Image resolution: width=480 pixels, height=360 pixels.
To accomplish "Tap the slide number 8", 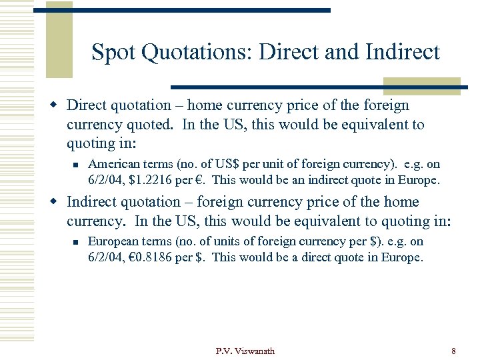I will pos(453,351).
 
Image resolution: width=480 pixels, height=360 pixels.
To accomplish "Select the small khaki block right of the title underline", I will pos(421,86).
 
